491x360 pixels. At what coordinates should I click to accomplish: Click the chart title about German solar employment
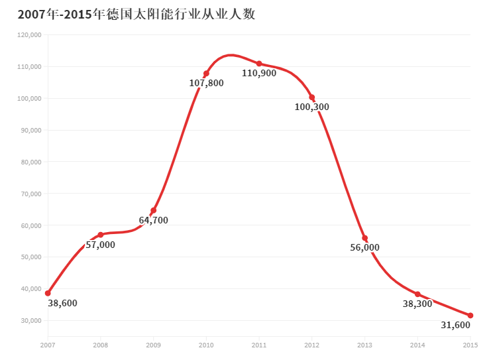pos(136,14)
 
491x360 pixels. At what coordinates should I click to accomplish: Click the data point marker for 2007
pos(48,293)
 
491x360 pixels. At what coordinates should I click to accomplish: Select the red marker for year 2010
pos(206,74)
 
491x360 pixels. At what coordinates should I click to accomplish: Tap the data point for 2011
pos(259,64)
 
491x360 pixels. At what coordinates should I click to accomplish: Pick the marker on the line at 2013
pos(364,238)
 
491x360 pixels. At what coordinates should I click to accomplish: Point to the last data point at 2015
pos(470,316)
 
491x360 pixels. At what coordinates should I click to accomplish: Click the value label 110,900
pos(259,74)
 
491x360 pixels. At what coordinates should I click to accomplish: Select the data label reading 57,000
pos(101,245)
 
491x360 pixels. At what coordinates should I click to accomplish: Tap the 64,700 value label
pos(153,220)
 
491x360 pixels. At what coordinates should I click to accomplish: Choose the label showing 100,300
pos(312,107)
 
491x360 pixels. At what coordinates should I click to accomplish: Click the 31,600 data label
pos(455,326)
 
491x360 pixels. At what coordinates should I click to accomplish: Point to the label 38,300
pos(417,304)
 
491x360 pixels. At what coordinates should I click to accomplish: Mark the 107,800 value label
pos(206,84)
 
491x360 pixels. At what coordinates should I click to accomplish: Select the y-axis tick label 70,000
pos(31,194)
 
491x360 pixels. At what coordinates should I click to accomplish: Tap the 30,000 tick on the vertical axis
pos(31,320)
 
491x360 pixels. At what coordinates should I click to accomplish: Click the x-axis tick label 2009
pos(153,345)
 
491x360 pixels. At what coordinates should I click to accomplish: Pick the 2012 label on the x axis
pos(312,345)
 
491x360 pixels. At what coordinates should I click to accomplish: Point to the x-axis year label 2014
pos(417,345)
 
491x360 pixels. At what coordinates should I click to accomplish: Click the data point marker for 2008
pos(101,235)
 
